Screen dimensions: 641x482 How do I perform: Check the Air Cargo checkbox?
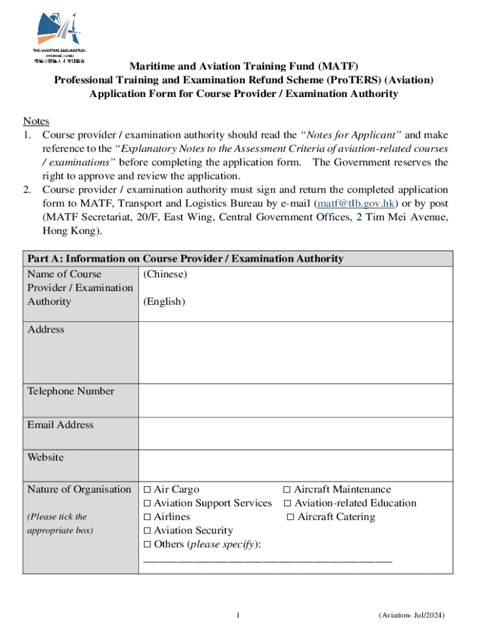tap(147, 490)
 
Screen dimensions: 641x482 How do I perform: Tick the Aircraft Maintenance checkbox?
tap(287, 490)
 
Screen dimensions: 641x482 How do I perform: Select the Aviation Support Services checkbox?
tap(147, 503)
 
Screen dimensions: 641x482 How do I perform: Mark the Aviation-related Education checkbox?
tap(287, 503)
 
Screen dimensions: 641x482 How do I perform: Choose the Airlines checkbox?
tap(147, 517)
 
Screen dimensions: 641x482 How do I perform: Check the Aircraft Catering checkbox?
tap(290, 517)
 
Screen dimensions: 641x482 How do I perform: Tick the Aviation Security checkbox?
tap(147, 531)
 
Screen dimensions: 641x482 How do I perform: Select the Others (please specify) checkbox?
tap(147, 545)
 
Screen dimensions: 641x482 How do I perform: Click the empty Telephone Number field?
tap(295, 400)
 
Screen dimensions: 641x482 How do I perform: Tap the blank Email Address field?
tap(295, 433)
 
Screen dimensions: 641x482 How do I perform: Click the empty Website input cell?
tap(295, 466)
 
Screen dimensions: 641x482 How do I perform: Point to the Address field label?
tap(46, 330)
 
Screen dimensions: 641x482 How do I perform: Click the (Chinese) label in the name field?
tap(165, 274)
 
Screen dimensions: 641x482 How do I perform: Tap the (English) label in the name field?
tap(164, 302)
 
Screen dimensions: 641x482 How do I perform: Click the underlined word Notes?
tap(36, 121)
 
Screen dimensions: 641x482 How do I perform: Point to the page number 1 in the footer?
tap(238, 616)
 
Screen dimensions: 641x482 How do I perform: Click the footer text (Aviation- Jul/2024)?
tap(412, 616)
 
